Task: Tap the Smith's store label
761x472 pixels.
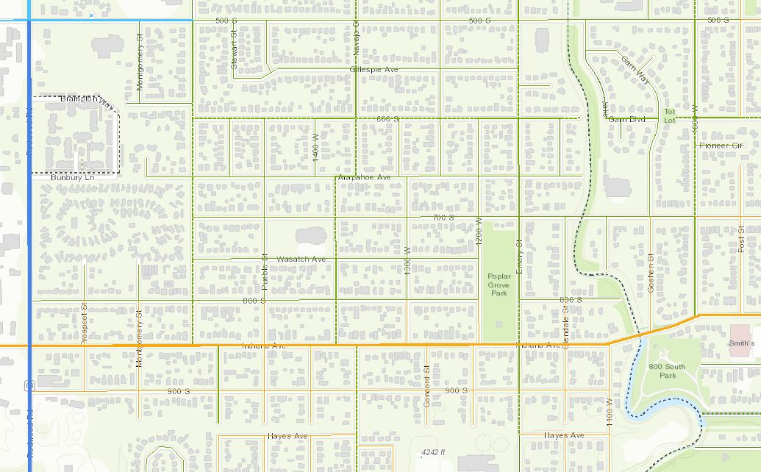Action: (x=741, y=343)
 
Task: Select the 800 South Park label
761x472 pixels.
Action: (x=668, y=371)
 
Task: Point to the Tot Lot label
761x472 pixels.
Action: (x=669, y=115)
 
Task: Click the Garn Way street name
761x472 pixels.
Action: (x=634, y=68)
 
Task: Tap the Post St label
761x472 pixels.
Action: (x=741, y=240)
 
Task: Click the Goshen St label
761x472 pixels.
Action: (x=651, y=274)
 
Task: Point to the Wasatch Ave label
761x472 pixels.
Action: (x=301, y=260)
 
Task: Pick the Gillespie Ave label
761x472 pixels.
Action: (x=374, y=69)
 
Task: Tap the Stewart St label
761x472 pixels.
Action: (x=234, y=49)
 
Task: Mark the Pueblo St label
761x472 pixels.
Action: (x=265, y=271)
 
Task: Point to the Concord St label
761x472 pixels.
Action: (x=426, y=386)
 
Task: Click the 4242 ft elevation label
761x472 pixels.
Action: (x=434, y=451)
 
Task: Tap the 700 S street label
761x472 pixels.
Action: (x=443, y=218)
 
